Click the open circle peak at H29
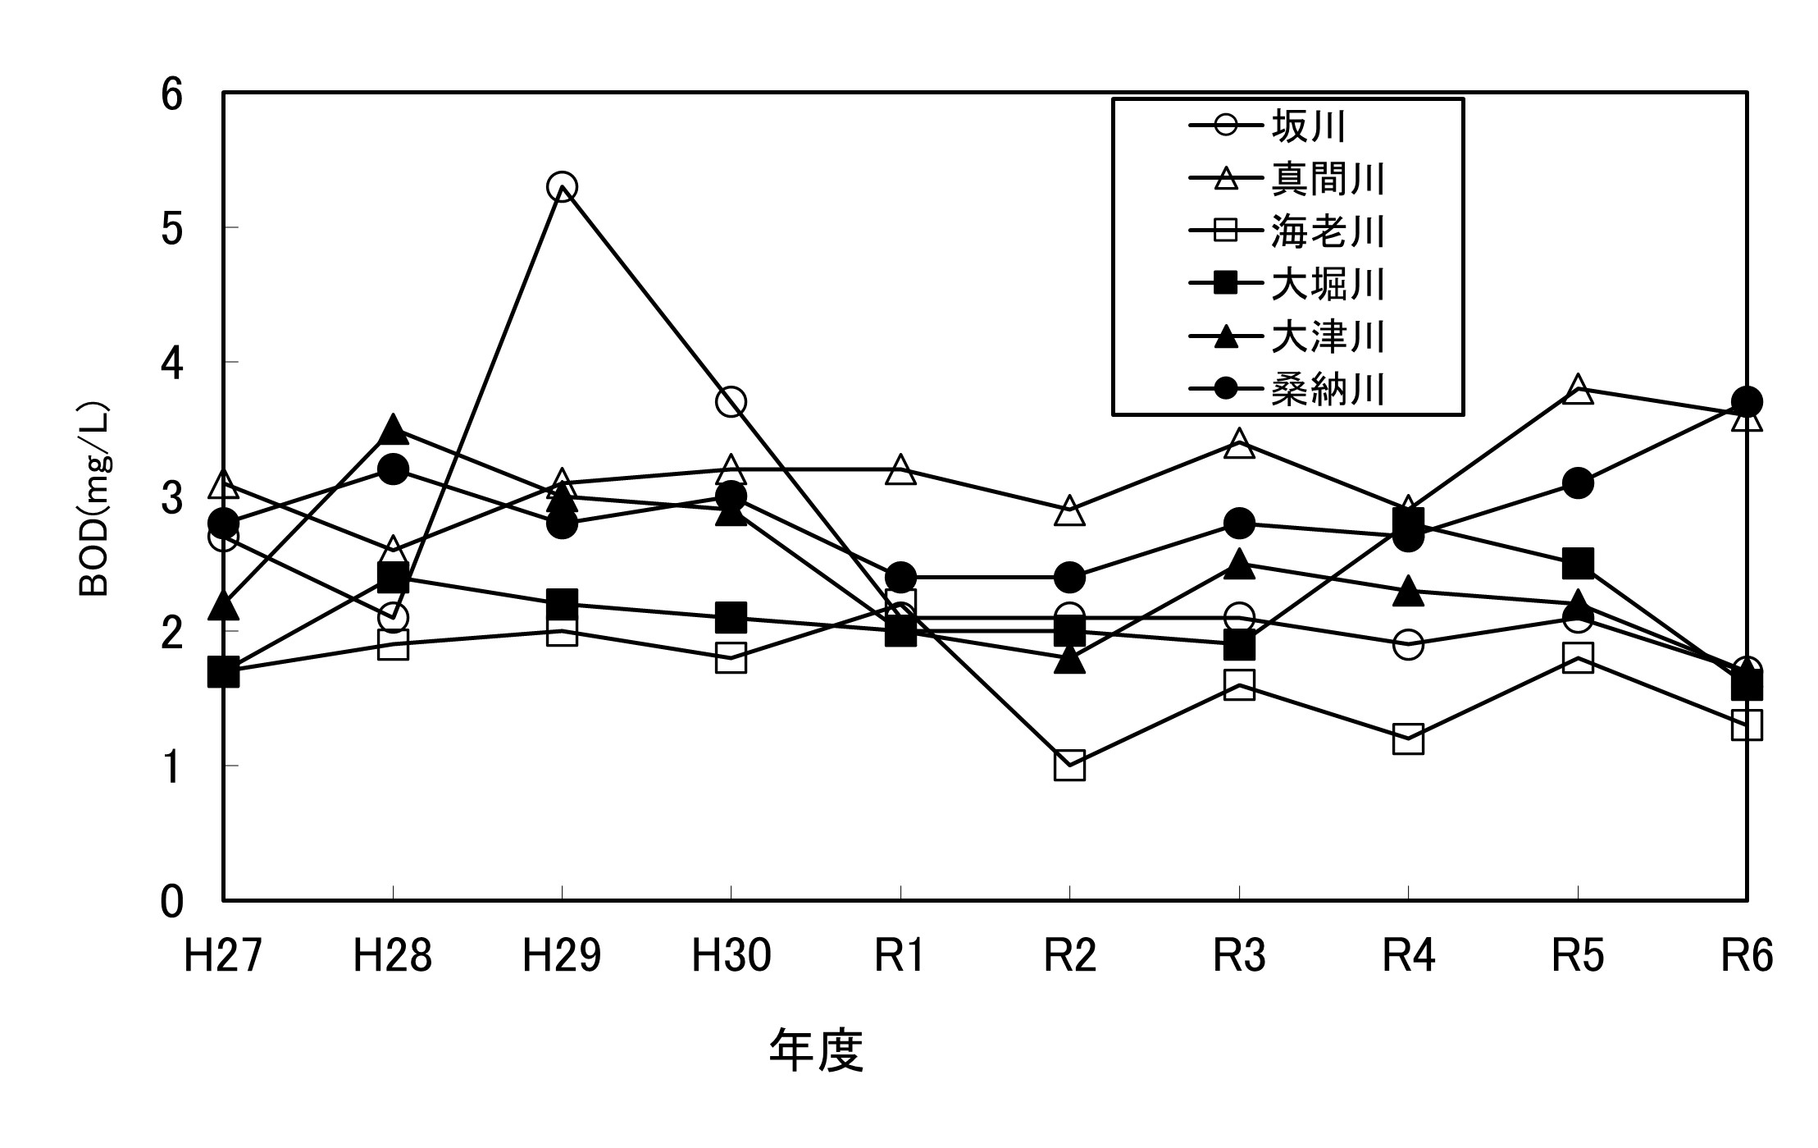(x=562, y=187)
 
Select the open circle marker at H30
(x=731, y=402)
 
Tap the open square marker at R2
(x=1069, y=765)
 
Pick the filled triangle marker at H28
(x=393, y=428)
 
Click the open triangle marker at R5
(x=1578, y=389)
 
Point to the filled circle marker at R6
(x=1747, y=402)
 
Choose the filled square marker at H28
(x=393, y=577)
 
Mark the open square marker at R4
(x=1408, y=739)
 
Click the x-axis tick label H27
(x=222, y=955)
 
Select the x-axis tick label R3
(x=1238, y=955)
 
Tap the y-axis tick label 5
(x=171, y=228)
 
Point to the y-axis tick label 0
(x=171, y=901)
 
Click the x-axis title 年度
(x=816, y=1051)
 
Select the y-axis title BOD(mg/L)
(x=94, y=500)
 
